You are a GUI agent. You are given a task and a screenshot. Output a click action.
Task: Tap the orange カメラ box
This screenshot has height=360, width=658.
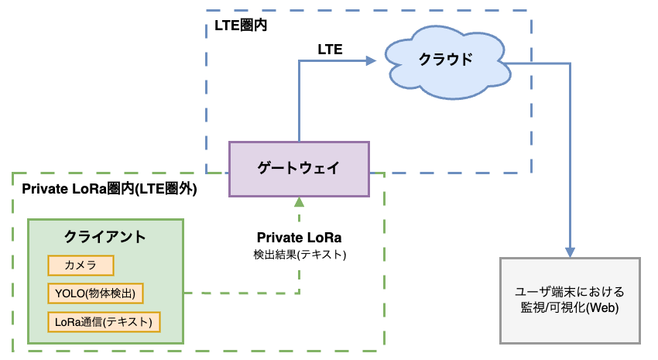tap(81, 266)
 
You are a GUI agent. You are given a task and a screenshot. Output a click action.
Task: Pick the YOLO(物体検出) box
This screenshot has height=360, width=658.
tap(96, 293)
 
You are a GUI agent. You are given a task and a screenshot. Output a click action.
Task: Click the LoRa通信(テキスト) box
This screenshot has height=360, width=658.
tap(104, 321)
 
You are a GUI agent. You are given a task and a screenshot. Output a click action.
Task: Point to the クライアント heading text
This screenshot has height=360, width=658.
tap(105, 236)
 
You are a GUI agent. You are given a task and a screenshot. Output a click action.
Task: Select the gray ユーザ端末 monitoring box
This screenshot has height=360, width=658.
tap(570, 300)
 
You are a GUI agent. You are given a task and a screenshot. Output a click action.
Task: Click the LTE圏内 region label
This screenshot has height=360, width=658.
tap(241, 26)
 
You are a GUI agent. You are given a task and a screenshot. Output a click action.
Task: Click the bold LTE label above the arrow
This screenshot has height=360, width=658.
tap(331, 50)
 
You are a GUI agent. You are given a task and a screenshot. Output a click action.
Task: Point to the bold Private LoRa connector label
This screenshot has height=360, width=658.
tap(299, 238)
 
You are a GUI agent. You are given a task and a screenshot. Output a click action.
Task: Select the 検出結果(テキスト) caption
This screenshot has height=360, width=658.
tap(299, 255)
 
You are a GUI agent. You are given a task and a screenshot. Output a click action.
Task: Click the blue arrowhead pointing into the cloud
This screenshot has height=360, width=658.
tap(380, 60)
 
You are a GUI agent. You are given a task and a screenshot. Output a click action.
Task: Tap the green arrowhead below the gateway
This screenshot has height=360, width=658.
tap(299, 201)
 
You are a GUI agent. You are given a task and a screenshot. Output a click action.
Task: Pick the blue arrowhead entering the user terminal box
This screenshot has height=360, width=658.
tap(570, 252)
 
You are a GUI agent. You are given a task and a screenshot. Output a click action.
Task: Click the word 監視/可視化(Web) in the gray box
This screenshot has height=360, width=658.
tap(570, 308)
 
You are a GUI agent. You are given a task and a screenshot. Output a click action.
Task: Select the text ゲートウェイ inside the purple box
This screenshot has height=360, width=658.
tap(299, 169)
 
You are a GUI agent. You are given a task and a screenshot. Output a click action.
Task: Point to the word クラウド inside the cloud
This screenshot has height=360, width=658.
tap(445, 60)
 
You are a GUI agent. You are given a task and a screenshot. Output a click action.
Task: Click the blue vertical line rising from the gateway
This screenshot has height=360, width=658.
tap(299, 101)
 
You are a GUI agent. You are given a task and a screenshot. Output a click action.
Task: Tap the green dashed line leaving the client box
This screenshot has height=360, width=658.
tap(240, 293)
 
